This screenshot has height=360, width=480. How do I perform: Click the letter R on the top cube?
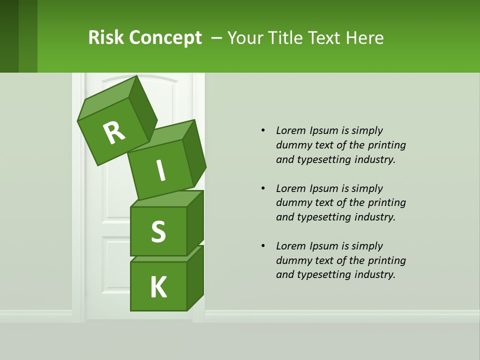(x=114, y=132)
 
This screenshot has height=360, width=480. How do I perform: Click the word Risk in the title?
(x=105, y=37)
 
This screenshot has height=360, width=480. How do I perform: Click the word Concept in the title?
(x=165, y=38)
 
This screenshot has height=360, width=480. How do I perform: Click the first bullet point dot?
(x=263, y=130)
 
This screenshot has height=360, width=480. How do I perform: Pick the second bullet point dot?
(x=263, y=188)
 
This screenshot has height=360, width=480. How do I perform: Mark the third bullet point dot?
(x=263, y=246)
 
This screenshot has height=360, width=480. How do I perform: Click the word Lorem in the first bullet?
(x=290, y=130)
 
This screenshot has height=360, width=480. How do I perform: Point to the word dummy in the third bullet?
(x=291, y=260)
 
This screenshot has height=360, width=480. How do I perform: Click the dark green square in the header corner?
(x=9, y=36)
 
